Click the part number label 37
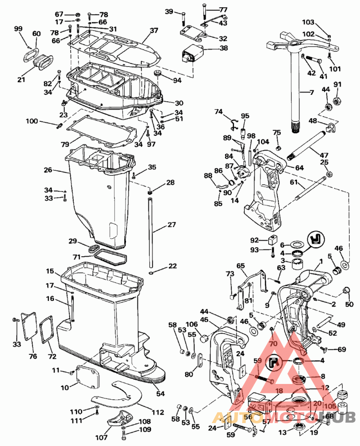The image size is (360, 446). click(154, 31)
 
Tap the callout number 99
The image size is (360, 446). click(18, 29)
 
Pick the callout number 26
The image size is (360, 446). click(48, 170)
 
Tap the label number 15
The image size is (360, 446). click(50, 272)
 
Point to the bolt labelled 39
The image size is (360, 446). click(184, 19)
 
